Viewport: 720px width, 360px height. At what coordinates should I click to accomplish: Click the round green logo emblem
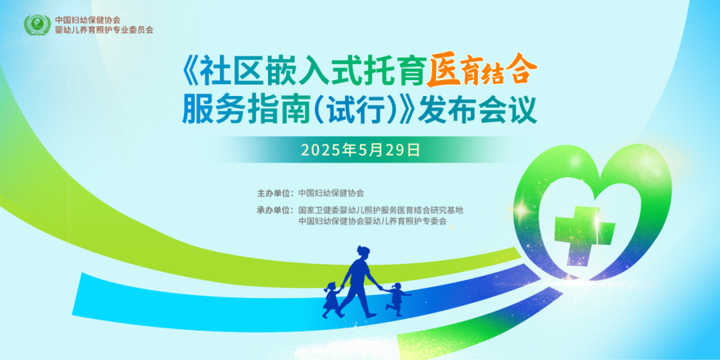click(x=37, y=25)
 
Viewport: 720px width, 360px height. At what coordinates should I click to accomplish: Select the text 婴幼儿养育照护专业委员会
click(x=104, y=31)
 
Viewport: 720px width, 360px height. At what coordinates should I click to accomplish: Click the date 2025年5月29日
click(x=360, y=150)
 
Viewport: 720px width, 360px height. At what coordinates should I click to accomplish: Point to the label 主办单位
click(x=274, y=193)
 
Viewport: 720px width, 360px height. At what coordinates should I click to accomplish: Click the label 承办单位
click(x=274, y=210)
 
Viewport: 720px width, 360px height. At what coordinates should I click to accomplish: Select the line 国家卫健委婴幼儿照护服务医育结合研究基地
click(x=380, y=210)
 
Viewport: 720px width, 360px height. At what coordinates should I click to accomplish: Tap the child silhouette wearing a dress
click(x=331, y=299)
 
